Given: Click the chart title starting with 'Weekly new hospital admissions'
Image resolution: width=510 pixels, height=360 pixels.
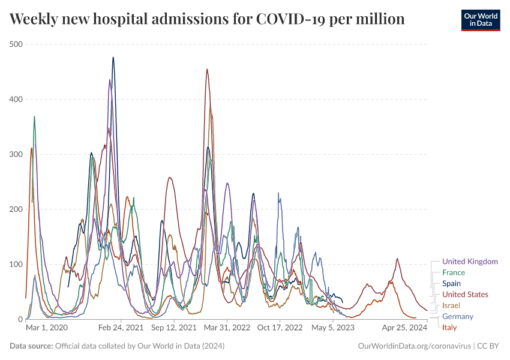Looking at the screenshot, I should [x=207, y=20].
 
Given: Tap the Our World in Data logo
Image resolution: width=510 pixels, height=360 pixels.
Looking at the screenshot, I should [x=480, y=20].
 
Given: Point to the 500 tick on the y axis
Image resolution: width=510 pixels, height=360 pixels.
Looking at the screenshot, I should [x=16, y=44].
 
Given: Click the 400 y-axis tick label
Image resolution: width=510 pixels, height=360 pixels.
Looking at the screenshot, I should [x=16, y=99].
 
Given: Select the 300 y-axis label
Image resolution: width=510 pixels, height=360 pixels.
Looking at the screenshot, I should [x=16, y=154].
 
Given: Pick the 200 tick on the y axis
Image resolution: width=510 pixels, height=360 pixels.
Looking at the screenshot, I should [x=16, y=209].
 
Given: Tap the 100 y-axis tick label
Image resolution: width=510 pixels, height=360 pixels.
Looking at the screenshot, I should [x=16, y=265].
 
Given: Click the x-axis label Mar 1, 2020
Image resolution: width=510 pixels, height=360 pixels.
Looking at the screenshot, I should [x=47, y=328].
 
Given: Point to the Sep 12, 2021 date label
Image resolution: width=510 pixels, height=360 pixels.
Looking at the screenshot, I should [x=174, y=328].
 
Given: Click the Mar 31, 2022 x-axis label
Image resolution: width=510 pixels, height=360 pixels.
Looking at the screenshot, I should [x=226, y=328].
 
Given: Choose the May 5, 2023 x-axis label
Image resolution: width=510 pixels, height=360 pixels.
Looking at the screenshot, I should [x=333, y=328].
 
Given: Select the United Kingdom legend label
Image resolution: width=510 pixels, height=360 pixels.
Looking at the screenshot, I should [x=470, y=262].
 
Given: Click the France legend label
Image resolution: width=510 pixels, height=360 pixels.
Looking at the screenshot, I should [x=454, y=272].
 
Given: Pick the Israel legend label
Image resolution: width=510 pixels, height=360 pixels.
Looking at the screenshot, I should [x=451, y=305].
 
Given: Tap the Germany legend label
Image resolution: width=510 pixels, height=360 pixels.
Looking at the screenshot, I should [x=458, y=316].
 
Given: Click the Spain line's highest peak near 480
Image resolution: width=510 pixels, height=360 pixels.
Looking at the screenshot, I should [x=113, y=58].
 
